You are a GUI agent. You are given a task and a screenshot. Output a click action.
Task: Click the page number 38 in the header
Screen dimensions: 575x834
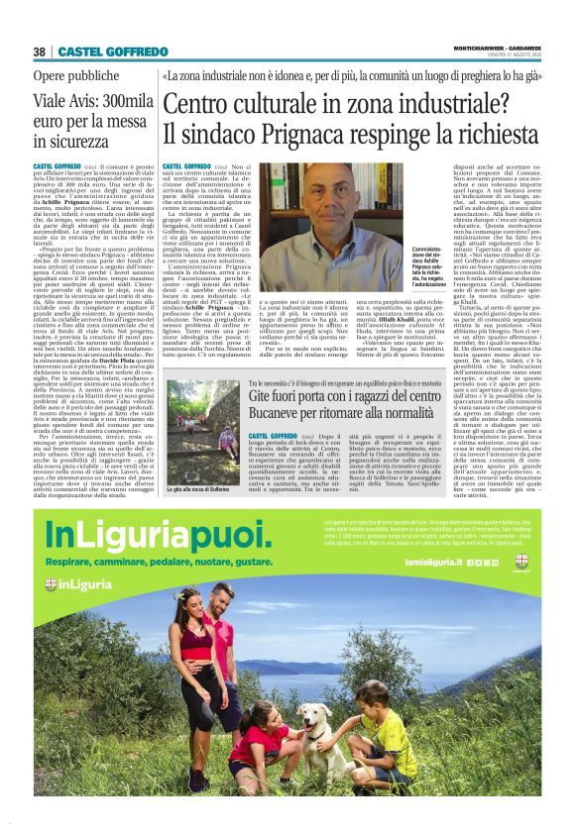[41, 52]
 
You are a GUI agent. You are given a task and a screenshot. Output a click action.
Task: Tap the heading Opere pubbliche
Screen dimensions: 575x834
[75, 75]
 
